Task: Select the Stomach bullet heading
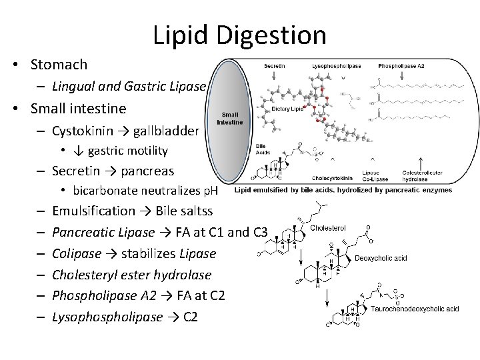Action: pyautogui.click(x=59, y=65)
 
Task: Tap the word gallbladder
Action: pyautogui.click(x=166, y=130)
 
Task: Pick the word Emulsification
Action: pyautogui.click(x=93, y=211)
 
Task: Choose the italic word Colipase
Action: pyautogui.click(x=77, y=254)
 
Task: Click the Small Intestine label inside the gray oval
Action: pyautogui.click(x=229, y=119)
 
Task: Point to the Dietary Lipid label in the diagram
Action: pyautogui.click(x=287, y=109)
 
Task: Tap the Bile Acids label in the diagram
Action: pyautogui.click(x=263, y=149)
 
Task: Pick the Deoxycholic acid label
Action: pyautogui.click(x=381, y=258)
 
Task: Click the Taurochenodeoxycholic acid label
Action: pyautogui.click(x=415, y=309)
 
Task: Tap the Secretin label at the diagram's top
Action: pyautogui.click(x=275, y=66)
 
